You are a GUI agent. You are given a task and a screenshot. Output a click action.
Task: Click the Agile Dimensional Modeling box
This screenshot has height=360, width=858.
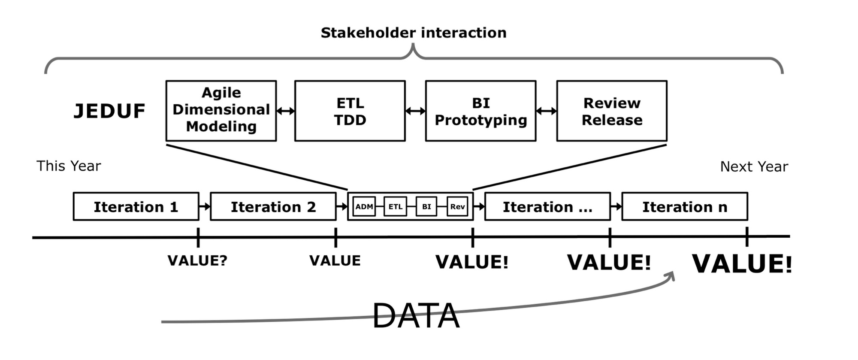[221, 110]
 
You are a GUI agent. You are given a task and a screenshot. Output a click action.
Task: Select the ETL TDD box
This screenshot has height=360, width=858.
[350, 111]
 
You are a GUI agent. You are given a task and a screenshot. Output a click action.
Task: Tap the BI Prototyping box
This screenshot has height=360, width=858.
[480, 111]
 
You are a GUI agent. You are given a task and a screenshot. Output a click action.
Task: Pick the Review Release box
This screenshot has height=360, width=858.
[612, 111]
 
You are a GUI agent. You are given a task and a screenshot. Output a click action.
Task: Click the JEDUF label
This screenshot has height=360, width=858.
[109, 111]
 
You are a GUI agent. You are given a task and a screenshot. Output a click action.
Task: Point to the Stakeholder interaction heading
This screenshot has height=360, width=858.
[414, 33]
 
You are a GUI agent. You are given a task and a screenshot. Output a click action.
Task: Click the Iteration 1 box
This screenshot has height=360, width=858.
[136, 207]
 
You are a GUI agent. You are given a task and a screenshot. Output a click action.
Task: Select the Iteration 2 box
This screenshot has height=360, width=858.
[273, 207]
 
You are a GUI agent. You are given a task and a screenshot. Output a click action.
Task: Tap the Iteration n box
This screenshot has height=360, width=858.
[684, 207]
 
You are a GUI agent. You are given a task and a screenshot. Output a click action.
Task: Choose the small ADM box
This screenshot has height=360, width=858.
[364, 206]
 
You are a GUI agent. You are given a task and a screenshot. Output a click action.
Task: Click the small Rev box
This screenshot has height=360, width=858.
[457, 206]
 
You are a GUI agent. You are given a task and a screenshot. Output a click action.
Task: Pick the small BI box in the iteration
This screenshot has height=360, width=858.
[426, 206]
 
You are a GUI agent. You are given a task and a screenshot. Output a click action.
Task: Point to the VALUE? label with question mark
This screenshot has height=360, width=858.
[197, 260]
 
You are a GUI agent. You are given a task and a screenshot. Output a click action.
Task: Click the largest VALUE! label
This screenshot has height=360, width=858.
[742, 263]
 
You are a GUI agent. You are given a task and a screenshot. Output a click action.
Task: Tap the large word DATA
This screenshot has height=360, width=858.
[416, 316]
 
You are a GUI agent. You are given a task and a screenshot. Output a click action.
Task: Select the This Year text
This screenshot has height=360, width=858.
[69, 166]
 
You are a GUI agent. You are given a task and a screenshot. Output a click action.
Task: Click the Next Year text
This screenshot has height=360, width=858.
[754, 166]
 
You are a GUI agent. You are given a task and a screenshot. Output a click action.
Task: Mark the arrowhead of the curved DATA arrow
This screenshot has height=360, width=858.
[671, 275]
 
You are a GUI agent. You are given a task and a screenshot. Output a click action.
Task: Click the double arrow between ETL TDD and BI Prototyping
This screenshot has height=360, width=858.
[415, 111]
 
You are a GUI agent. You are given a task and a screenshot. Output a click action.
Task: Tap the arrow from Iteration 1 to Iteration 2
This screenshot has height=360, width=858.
[205, 207]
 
